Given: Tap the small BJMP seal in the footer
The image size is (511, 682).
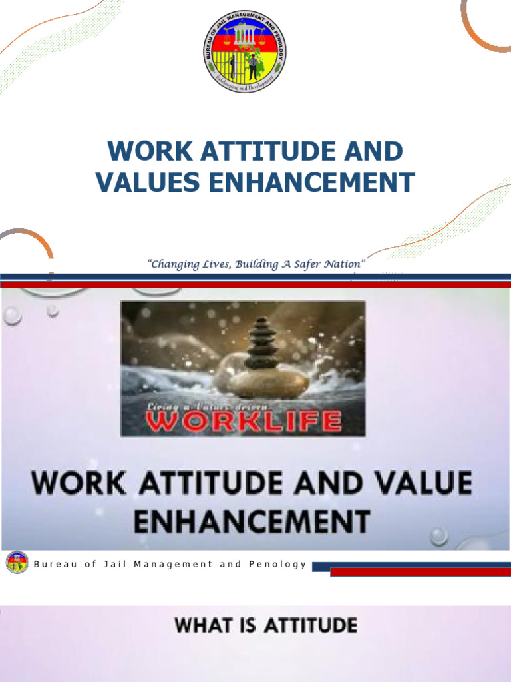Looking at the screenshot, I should tap(17, 563).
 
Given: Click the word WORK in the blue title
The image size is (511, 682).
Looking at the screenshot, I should tap(140, 151).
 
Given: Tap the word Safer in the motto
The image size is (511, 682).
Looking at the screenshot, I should tap(290, 264).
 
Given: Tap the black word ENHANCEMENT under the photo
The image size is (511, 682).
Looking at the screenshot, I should tap(252, 520).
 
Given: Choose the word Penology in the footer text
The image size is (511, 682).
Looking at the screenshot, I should tap(277, 564).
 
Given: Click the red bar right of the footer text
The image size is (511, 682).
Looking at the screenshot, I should tap(421, 571).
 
